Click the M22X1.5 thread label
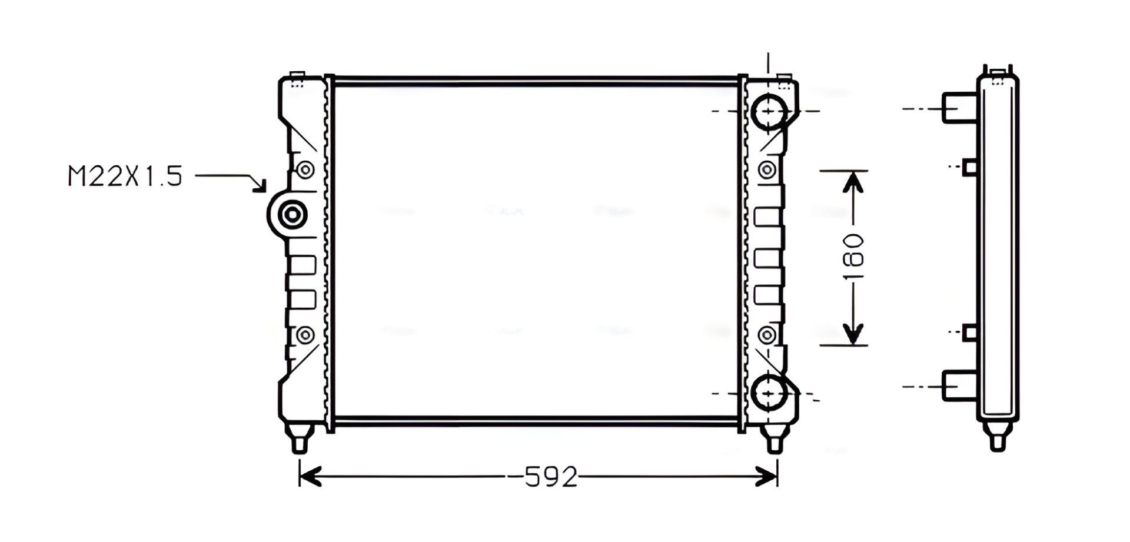pyautogui.click(x=125, y=176)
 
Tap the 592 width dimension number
pyautogui.click(x=551, y=477)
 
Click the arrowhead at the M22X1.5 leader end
pyautogui.click(x=260, y=185)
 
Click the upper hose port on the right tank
pyautogui.click(x=769, y=111)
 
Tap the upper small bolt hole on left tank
pyautogui.click(x=305, y=170)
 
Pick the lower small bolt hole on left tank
pyautogui.click(x=305, y=335)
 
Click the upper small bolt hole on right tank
pyautogui.click(x=766, y=170)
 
